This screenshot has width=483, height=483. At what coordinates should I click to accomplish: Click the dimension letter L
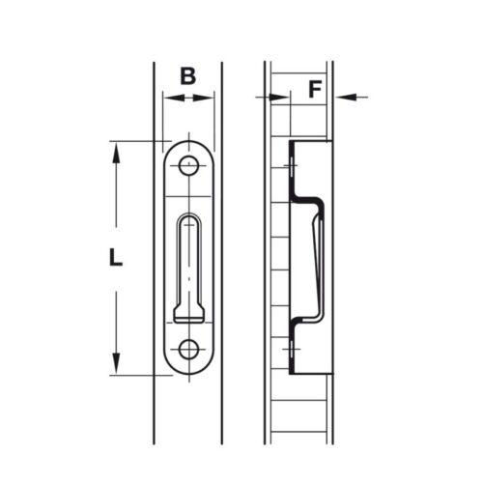click(x=114, y=257)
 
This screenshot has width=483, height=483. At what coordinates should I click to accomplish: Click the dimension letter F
click(x=314, y=90)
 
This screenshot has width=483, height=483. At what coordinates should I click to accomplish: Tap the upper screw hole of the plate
click(x=189, y=167)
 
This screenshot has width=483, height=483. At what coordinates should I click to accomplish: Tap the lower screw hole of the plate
click(x=189, y=349)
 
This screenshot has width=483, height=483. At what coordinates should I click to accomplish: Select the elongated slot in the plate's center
click(x=189, y=261)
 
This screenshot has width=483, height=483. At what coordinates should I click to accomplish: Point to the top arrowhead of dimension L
click(x=116, y=150)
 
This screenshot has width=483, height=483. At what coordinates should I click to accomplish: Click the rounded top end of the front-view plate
click(x=189, y=145)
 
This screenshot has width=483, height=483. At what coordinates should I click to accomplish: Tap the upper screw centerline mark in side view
click(x=290, y=167)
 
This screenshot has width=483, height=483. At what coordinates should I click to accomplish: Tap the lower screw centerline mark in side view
click(x=290, y=349)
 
